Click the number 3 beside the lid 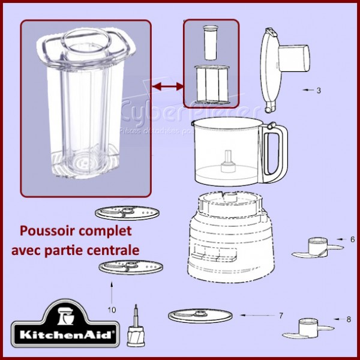coord(319,91)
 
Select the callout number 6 coord(352,239)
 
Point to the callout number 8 coord(349,319)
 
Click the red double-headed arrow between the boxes coord(167,88)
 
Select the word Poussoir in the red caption coord(46,231)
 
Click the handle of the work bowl coord(278,154)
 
